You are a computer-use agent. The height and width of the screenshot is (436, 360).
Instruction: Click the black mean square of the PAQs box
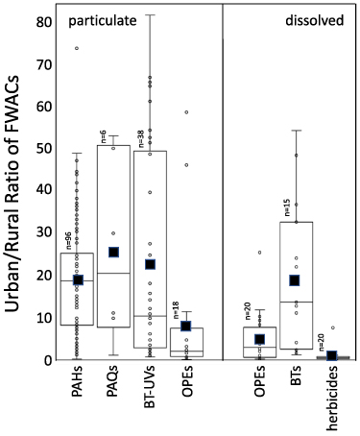[x=113, y=252]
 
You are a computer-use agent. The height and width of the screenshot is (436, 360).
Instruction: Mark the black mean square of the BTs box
[x=295, y=280]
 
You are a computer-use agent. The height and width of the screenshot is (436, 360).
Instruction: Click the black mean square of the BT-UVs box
[x=150, y=264]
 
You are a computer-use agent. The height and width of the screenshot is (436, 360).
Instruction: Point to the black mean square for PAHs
[x=78, y=279]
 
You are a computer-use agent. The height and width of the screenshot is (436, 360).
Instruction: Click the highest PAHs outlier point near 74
[x=78, y=48]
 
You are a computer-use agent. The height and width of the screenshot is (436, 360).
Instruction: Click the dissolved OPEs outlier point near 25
[x=259, y=253]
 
